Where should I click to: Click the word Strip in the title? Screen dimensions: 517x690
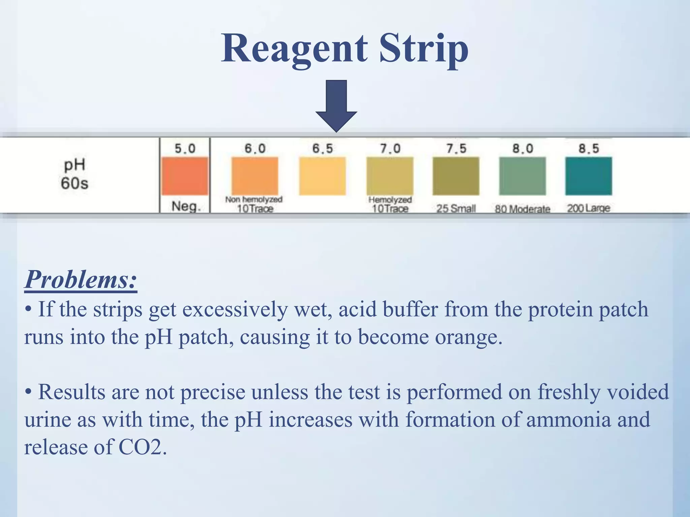(x=424, y=49)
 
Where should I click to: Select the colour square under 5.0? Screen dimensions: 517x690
(x=185, y=176)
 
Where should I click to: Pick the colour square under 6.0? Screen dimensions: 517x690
(x=255, y=176)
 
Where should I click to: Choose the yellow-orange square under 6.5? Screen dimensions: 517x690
(x=322, y=176)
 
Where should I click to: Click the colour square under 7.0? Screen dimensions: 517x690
(x=390, y=176)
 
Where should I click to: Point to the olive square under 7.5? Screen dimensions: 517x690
(x=456, y=176)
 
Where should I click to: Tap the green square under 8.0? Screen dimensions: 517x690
(x=522, y=176)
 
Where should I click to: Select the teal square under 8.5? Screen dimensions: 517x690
(x=589, y=176)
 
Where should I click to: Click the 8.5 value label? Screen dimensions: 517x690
(x=589, y=148)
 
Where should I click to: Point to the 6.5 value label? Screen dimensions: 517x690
(x=322, y=148)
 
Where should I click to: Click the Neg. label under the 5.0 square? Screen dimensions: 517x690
(x=186, y=206)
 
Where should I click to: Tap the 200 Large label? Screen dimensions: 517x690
(x=588, y=208)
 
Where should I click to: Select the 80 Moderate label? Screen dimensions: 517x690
(x=522, y=209)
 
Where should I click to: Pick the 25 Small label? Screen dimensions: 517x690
(x=456, y=209)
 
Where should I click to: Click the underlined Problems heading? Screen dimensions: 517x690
(x=81, y=279)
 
